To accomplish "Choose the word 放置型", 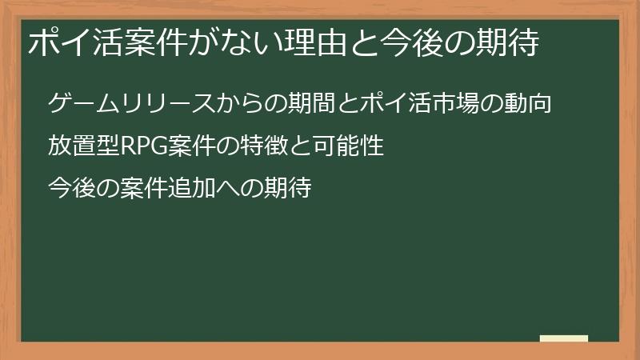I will pos(82,147).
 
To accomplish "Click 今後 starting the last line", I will pos(70,190).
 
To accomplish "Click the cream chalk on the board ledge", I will pos(563,338).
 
